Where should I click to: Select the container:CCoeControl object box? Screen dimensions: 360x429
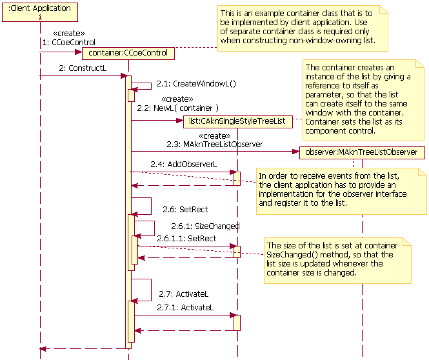(x=128, y=53)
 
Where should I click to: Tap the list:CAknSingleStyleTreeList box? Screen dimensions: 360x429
(x=238, y=120)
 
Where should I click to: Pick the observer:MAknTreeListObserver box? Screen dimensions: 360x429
(x=361, y=152)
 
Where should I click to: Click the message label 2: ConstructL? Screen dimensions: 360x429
(x=83, y=68)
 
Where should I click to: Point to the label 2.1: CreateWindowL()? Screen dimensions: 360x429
(x=195, y=83)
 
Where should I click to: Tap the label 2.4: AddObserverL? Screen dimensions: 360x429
(x=183, y=165)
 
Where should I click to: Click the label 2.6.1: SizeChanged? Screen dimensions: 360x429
(x=205, y=226)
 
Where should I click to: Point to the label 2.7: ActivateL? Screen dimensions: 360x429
(x=183, y=294)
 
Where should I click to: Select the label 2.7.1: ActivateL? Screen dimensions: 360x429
(x=185, y=308)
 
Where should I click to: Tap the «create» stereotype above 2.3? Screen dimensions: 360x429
(x=215, y=135)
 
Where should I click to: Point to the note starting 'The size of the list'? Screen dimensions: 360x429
(x=335, y=259)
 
